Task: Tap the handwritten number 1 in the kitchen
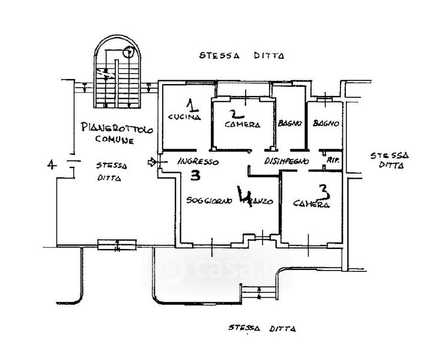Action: pyautogui.click(x=191, y=106)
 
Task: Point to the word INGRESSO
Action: pyautogui.click(x=198, y=162)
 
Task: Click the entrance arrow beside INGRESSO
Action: pyautogui.click(x=151, y=162)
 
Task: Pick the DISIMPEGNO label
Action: pyautogui.click(x=286, y=161)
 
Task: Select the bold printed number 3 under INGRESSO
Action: pyautogui.click(x=195, y=176)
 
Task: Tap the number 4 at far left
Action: pyautogui.click(x=51, y=164)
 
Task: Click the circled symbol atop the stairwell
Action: pyautogui.click(x=127, y=52)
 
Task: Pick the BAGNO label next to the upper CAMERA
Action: pyautogui.click(x=289, y=124)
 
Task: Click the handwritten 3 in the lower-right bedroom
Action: pyautogui.click(x=323, y=191)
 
